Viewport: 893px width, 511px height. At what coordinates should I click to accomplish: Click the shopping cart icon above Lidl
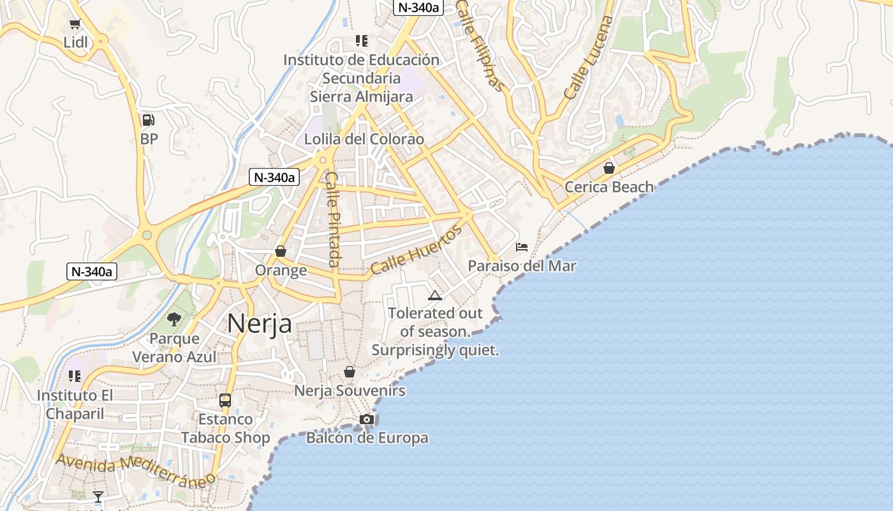[x=75, y=24]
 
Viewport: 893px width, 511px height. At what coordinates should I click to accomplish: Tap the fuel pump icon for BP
[x=148, y=120]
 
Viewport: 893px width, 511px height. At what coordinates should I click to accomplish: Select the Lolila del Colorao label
[x=364, y=139]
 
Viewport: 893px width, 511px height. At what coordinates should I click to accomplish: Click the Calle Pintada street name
[x=332, y=219]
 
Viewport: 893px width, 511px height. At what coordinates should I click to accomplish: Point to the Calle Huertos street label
[x=416, y=250]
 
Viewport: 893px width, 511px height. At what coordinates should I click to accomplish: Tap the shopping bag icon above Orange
[x=281, y=252]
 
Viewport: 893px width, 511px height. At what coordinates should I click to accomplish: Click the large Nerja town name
[x=260, y=323]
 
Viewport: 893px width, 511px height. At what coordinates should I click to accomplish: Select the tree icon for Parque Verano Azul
[x=173, y=319]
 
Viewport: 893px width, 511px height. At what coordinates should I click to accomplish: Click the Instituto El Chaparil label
[x=75, y=404]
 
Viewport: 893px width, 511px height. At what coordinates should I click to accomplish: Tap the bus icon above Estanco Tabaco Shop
[x=225, y=400]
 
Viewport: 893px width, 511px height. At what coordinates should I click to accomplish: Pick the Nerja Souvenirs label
[x=350, y=390]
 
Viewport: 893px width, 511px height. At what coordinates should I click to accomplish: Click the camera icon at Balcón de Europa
[x=367, y=420]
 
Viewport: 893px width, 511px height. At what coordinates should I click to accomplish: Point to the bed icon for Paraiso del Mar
[x=522, y=247]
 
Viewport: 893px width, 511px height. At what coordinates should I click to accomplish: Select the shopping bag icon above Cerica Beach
[x=609, y=168]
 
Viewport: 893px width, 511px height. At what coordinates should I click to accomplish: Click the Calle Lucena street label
[x=589, y=57]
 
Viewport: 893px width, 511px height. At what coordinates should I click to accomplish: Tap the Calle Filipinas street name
[x=481, y=45]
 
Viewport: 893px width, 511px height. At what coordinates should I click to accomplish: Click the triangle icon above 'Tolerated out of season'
[x=435, y=295]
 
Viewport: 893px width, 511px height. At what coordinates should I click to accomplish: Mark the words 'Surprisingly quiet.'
[x=435, y=350]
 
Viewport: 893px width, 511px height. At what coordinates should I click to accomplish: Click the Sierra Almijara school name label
[x=362, y=96]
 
